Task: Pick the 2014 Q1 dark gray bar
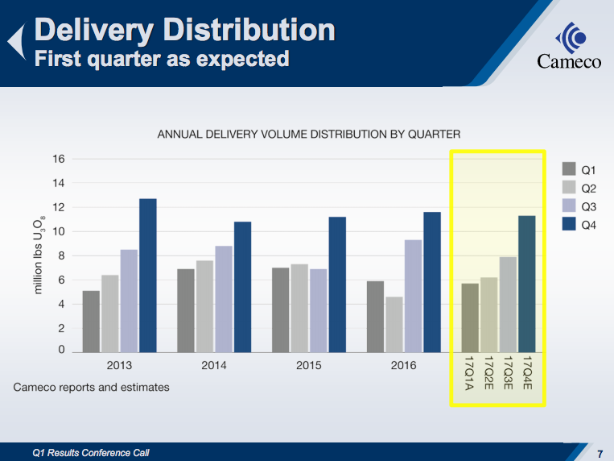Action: click(x=185, y=311)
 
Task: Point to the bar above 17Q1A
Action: click(x=470, y=318)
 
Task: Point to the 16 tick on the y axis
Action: click(x=59, y=159)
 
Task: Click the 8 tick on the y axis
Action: click(x=61, y=256)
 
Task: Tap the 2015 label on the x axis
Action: click(x=309, y=366)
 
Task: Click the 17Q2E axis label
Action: click(x=488, y=373)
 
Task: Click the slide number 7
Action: click(x=600, y=452)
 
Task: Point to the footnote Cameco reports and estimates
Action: click(x=92, y=388)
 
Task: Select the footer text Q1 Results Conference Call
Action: click(x=91, y=453)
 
